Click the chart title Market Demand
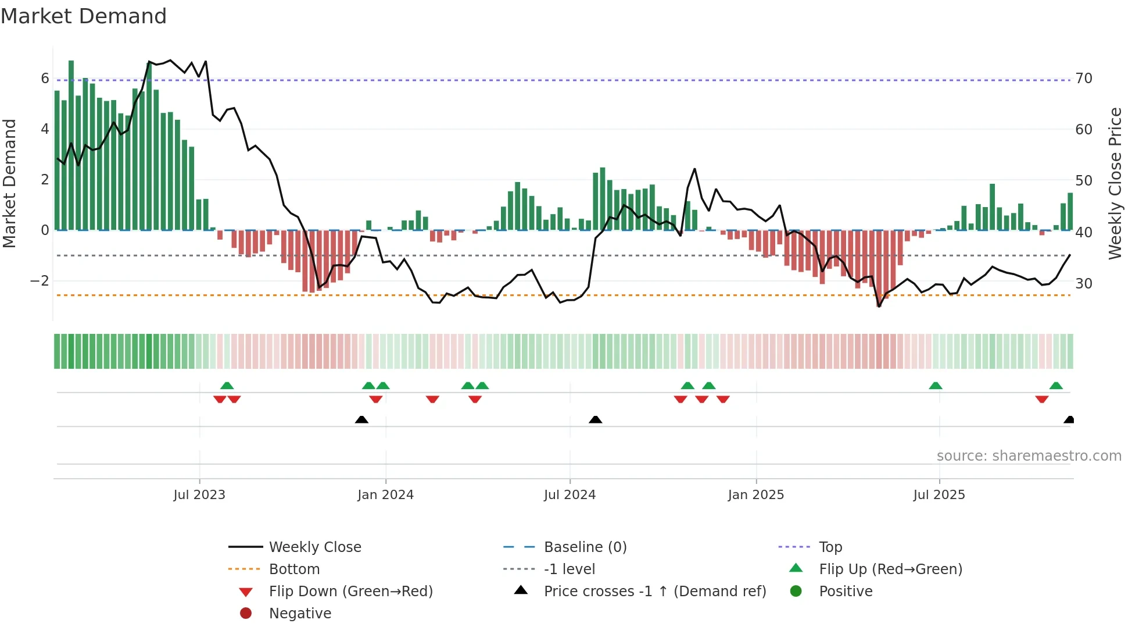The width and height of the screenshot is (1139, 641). point(84,16)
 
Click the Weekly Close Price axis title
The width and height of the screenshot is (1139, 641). point(1115,183)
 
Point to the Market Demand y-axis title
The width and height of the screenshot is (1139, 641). point(9,183)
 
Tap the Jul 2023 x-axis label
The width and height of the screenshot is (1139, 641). point(199,495)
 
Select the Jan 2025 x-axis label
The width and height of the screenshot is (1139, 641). point(755,495)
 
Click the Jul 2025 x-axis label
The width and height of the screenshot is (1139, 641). point(939,495)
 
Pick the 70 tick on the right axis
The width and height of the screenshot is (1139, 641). point(1084,79)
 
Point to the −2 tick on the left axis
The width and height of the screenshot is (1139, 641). point(40,281)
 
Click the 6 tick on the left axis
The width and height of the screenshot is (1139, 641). point(45,79)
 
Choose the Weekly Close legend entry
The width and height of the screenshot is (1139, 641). point(314,547)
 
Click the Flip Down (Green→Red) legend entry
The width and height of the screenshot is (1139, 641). point(350,592)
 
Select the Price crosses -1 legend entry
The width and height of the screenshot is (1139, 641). point(654,592)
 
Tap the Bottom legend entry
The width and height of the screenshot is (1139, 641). point(294,569)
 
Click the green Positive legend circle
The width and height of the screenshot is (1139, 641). point(796,592)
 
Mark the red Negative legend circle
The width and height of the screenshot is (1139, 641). point(246,614)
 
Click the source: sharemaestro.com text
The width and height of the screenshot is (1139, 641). point(1029,456)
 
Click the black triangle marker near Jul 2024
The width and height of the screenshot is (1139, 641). point(595,419)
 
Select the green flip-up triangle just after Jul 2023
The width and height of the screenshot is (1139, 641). point(227,386)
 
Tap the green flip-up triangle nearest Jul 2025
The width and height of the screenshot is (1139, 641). point(935,386)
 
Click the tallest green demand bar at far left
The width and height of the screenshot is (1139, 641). point(71,145)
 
